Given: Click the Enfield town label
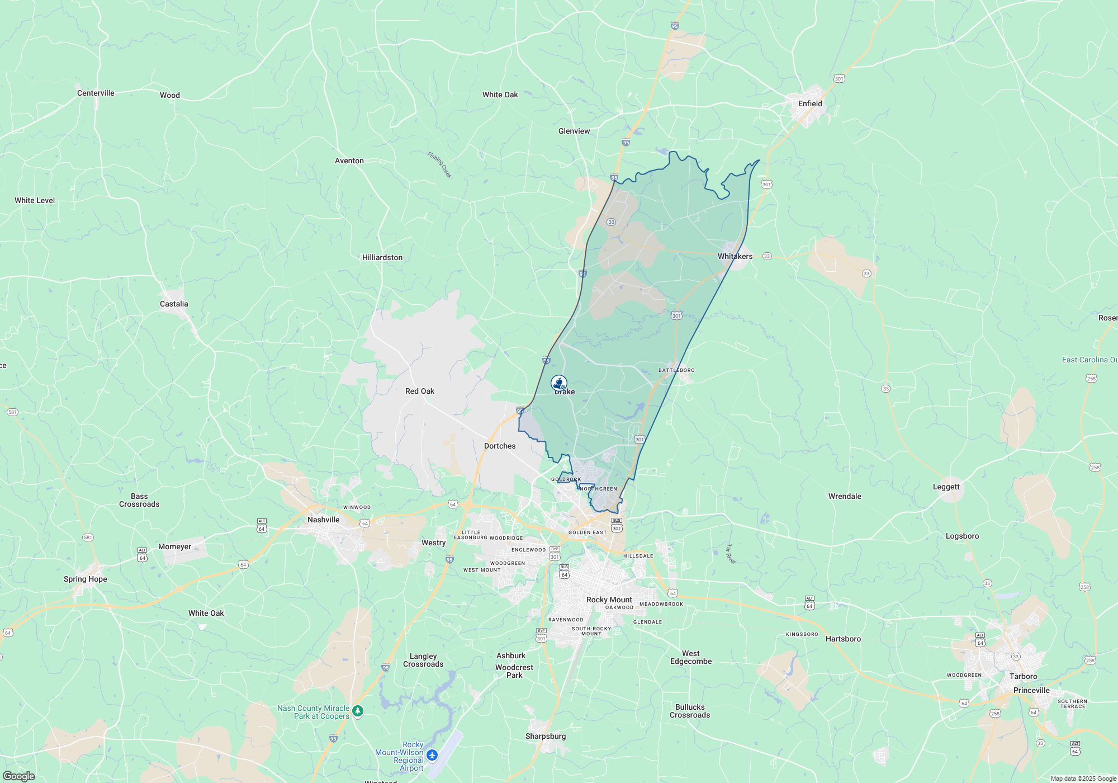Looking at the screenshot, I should [x=810, y=103].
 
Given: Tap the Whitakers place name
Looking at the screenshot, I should [x=735, y=256].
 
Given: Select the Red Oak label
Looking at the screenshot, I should [x=420, y=391].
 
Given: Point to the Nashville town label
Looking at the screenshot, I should [x=324, y=520].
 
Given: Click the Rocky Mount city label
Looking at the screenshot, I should [x=609, y=600].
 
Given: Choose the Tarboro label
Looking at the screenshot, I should [x=1023, y=676].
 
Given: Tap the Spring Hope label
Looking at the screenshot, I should [x=86, y=579].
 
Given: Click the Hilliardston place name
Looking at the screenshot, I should [x=382, y=257].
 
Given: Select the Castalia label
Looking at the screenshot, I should [x=174, y=304].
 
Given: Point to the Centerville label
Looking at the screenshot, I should [x=96, y=93].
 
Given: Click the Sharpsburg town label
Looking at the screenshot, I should [x=546, y=736].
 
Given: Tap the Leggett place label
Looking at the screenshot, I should [x=946, y=487].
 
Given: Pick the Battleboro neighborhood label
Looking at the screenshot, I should [x=676, y=370].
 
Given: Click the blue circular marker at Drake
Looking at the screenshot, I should [x=559, y=383].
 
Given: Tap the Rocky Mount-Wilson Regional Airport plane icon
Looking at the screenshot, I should [x=432, y=756].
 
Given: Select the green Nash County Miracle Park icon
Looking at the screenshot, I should [x=358, y=711].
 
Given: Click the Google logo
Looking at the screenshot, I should [x=18, y=776].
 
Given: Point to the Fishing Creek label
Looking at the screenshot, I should [x=439, y=164].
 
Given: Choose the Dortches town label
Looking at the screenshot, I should [x=500, y=446].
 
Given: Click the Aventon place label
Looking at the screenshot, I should [x=349, y=161].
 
